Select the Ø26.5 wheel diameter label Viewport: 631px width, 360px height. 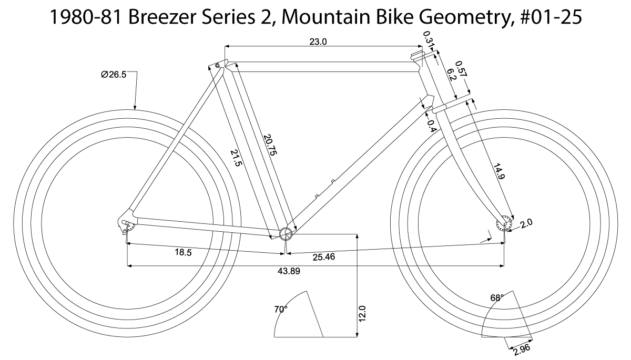(x=114, y=75)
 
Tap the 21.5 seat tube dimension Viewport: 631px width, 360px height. (x=236, y=157)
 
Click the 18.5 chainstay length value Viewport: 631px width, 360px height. (x=183, y=252)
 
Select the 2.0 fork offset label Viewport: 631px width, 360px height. (x=526, y=222)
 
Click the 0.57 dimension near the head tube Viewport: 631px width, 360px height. (x=461, y=70)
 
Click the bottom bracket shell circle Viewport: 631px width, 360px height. (x=285, y=234)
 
